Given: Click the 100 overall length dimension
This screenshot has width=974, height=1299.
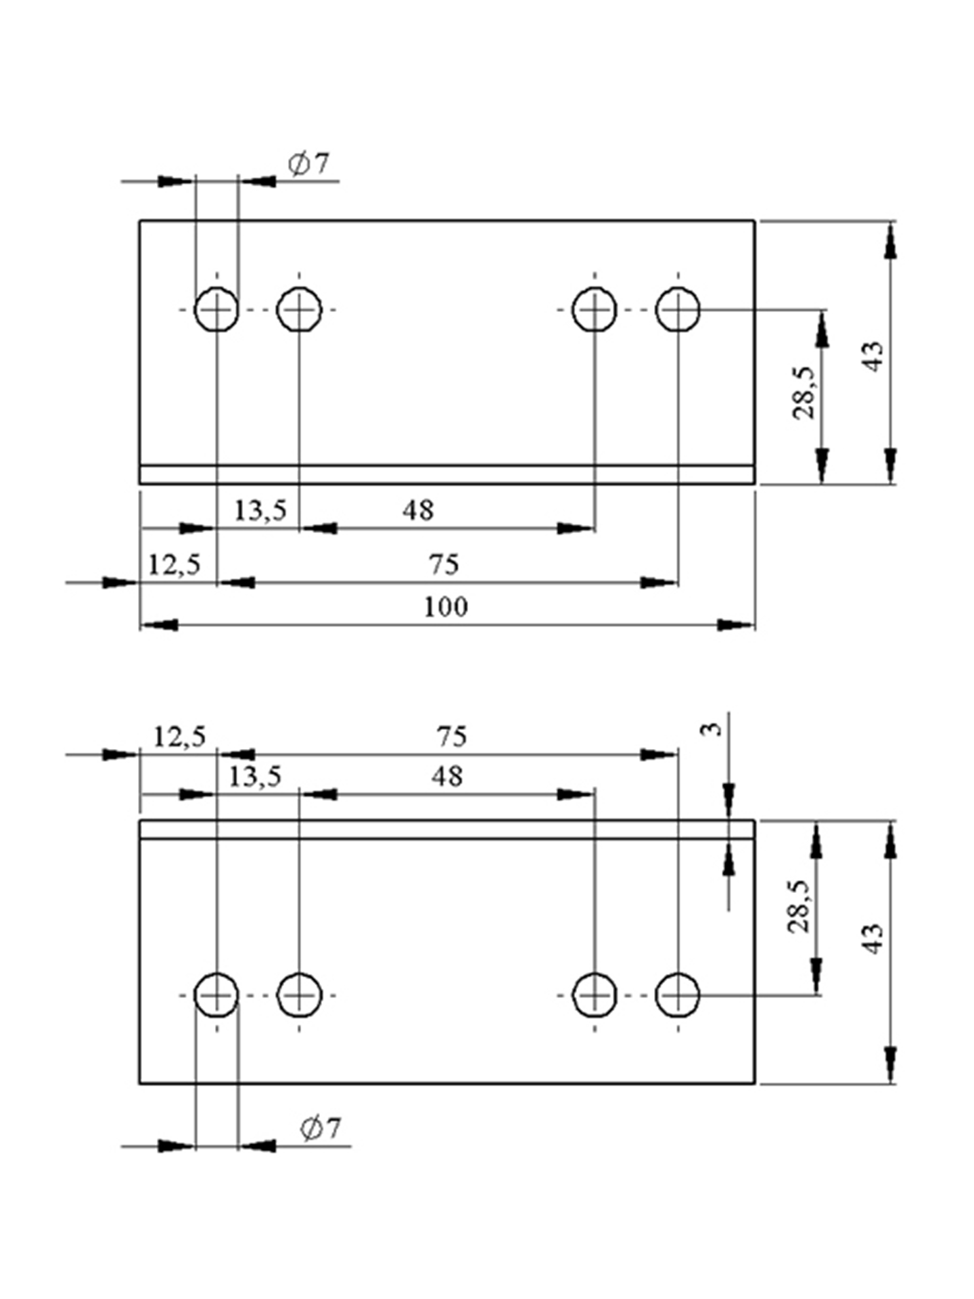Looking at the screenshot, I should point(446,607).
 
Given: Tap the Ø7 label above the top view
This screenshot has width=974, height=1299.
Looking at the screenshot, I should point(308,164).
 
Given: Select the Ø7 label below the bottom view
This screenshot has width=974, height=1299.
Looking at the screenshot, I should point(321,1128).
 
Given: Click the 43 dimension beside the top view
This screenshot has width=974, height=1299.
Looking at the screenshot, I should point(874,356).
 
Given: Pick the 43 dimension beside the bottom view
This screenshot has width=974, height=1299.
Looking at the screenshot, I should point(874,938).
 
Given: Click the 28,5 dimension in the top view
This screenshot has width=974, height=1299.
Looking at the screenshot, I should point(804,393).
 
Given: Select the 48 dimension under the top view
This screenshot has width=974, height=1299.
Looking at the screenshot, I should point(418,510).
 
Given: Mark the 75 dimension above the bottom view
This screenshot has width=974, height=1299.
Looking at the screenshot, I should point(452,736).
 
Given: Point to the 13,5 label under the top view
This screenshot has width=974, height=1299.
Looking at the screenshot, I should point(260,510).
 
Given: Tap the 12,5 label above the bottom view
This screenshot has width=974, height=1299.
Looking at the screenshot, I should point(179,736).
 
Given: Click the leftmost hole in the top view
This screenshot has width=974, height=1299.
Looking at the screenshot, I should point(216,310).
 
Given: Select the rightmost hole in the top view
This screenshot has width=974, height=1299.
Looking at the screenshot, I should point(678,310).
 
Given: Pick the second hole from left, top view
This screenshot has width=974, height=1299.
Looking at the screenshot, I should point(299,310).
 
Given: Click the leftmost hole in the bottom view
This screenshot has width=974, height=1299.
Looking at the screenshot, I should point(216,995).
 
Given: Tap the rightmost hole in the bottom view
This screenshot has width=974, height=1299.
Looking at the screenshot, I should point(678,995).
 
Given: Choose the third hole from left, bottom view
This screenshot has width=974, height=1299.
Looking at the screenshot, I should point(595,995).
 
